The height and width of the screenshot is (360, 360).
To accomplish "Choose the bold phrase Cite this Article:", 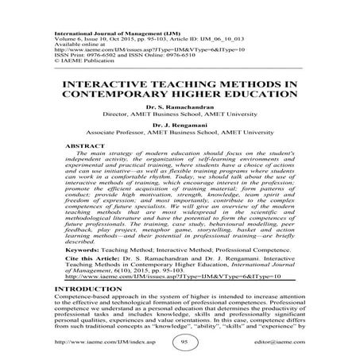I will [x=92, y=260].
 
